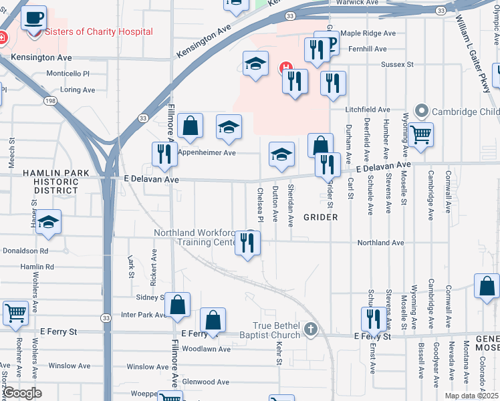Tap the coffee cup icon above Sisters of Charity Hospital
(x=34, y=18)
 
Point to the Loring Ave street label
(x=78, y=89)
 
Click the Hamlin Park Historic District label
(x=56, y=181)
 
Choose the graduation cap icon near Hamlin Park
(x=48, y=223)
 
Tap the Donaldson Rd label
(x=25, y=251)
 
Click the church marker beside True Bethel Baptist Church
(x=309, y=329)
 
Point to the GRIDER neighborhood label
(x=320, y=217)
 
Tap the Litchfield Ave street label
(x=368, y=109)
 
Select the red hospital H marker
(x=284, y=68)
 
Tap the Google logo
(x=21, y=393)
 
